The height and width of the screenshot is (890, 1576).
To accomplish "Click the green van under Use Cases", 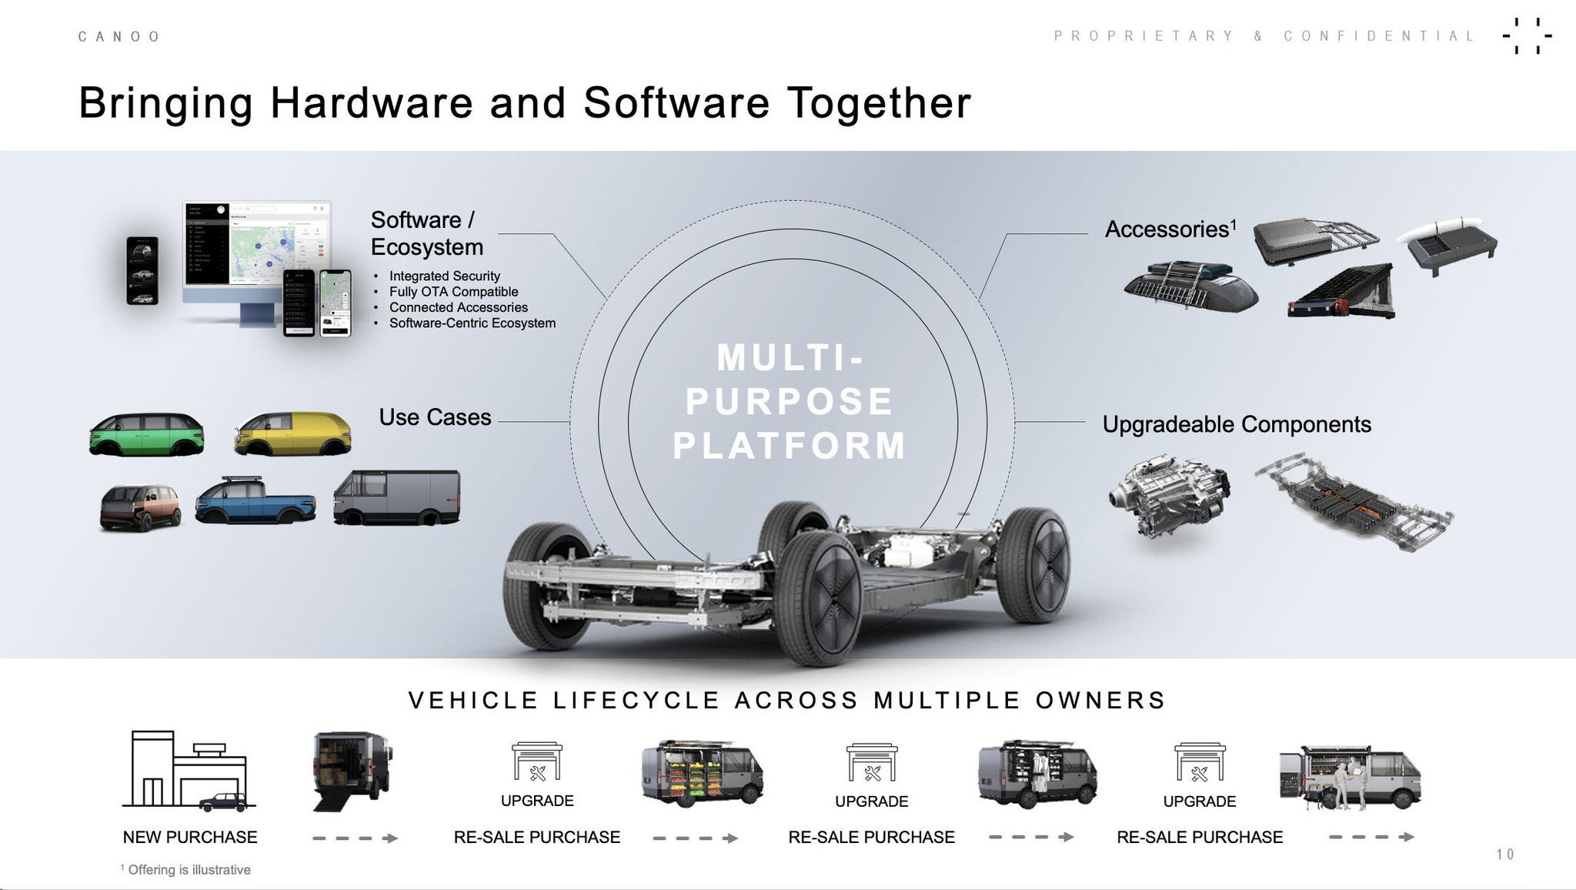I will [147, 434].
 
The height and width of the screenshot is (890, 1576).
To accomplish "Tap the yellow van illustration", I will [292, 433].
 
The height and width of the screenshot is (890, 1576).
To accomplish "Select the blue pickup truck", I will [255, 502].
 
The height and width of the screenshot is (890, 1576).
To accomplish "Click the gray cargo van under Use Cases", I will [396, 498].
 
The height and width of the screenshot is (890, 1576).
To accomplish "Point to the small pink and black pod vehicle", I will [140, 508].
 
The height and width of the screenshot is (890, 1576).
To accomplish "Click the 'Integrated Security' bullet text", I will [444, 276].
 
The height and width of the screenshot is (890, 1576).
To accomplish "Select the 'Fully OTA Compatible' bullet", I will [453, 292].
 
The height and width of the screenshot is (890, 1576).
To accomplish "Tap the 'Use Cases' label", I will [435, 417].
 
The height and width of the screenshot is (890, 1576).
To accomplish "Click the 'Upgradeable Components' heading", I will [1236, 424].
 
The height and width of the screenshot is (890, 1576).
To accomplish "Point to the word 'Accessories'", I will [1166, 229].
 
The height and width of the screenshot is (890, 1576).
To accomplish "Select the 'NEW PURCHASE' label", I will [190, 837].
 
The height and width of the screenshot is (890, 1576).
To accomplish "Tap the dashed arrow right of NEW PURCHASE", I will [355, 838].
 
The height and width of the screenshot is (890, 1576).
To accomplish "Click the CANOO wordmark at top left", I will [119, 36].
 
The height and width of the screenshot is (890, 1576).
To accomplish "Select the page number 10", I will [1505, 854].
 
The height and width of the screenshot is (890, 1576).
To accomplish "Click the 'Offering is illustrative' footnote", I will [189, 870].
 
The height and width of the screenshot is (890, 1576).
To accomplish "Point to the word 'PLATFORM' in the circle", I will [790, 446].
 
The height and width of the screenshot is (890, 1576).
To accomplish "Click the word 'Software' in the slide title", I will [676, 103].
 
